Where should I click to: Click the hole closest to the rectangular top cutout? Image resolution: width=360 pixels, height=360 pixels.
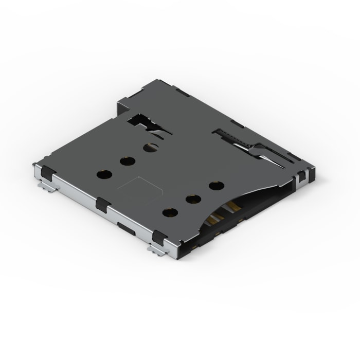click(x=151, y=148)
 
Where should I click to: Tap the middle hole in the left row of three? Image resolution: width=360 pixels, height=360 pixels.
click(x=127, y=161)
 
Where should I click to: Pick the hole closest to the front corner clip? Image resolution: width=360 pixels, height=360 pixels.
click(x=169, y=211)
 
